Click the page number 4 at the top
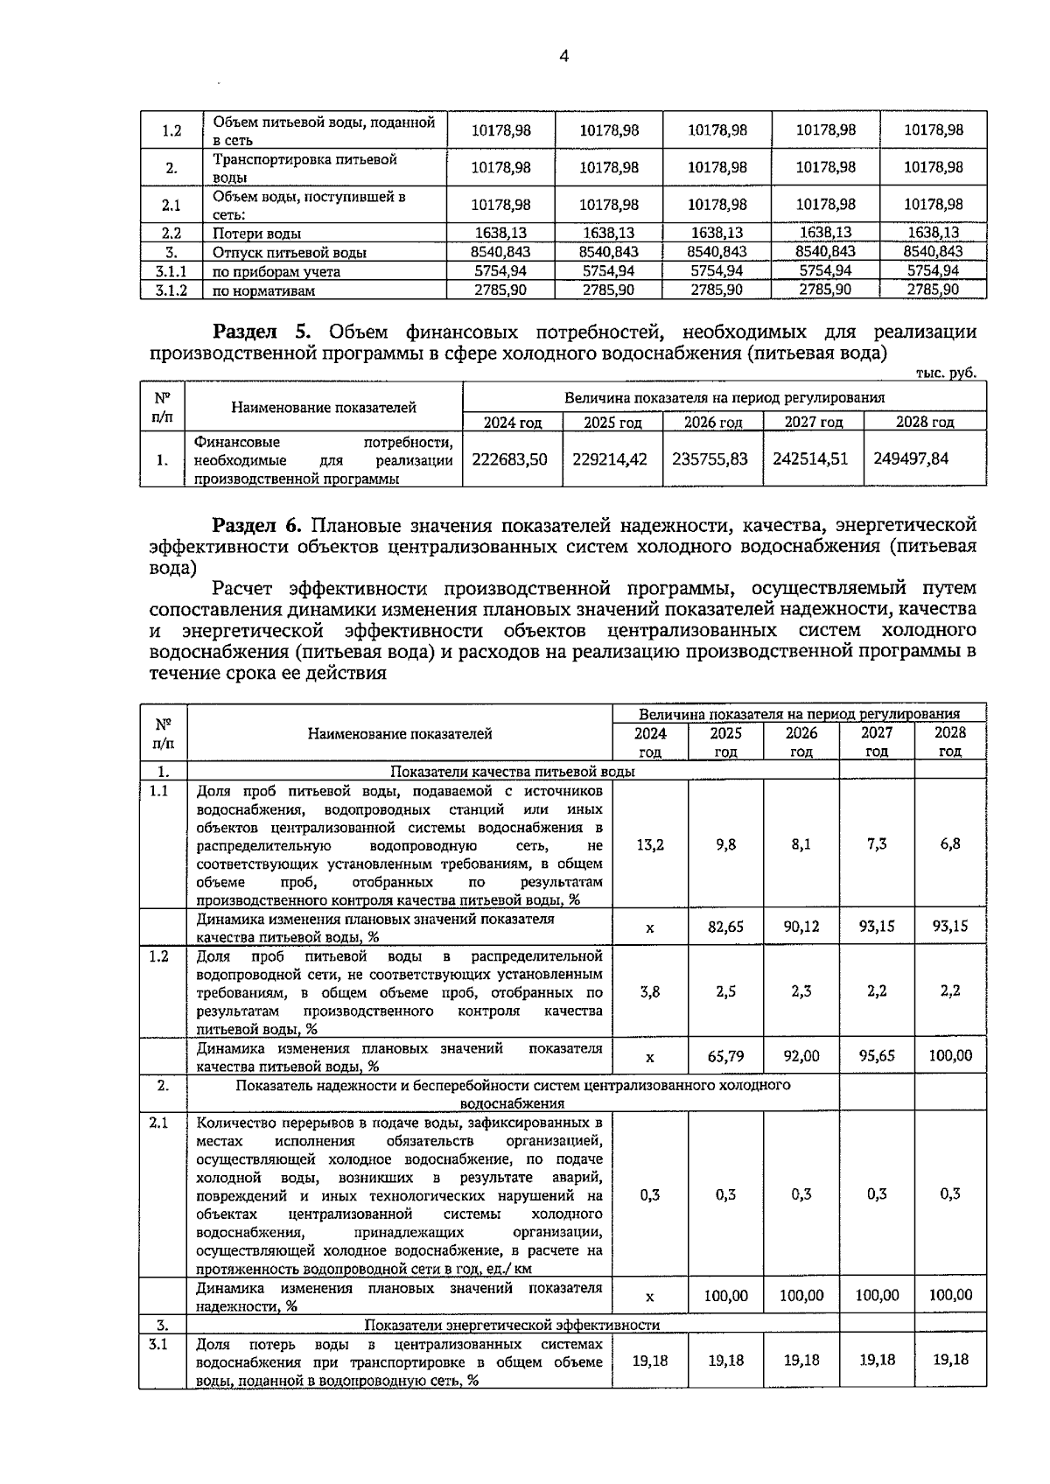(563, 57)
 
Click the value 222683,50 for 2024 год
(509, 458)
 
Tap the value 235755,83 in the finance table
(710, 458)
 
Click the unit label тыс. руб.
(945, 373)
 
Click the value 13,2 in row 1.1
(650, 844)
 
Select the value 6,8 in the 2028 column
(950, 844)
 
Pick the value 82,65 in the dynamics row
(725, 927)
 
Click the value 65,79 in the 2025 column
(725, 1056)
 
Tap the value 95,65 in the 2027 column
(876, 1056)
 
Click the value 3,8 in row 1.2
(650, 991)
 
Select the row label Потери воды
(256, 234)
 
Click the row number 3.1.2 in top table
(171, 290)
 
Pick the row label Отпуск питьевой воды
(289, 253)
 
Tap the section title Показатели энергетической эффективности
(511, 1325)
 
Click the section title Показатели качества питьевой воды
(512, 772)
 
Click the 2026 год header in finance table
(711, 423)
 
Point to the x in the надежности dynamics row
(650, 1297)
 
